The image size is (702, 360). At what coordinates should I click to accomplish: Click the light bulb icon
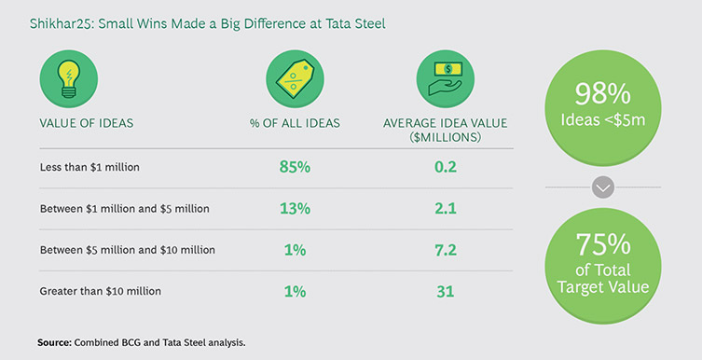click(68, 78)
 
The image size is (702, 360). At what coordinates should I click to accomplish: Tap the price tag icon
click(295, 78)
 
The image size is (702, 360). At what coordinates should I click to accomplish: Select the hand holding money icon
click(446, 78)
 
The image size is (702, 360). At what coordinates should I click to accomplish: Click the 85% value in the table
click(295, 168)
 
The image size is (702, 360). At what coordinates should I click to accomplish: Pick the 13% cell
click(295, 209)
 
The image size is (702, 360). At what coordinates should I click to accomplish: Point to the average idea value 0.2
click(446, 168)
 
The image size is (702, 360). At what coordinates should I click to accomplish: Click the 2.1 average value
click(446, 209)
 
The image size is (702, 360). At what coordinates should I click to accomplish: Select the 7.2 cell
click(446, 250)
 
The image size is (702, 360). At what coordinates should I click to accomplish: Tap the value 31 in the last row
click(446, 292)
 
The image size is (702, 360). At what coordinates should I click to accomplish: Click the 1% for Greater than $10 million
click(295, 292)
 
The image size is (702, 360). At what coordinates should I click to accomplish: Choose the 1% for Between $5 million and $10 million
click(295, 250)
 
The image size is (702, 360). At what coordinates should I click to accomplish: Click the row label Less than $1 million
click(89, 168)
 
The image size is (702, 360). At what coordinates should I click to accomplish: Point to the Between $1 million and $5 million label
click(125, 209)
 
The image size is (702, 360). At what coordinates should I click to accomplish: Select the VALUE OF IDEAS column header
click(87, 123)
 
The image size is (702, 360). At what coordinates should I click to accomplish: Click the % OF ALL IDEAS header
click(295, 123)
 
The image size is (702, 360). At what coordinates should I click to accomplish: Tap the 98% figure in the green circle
click(602, 94)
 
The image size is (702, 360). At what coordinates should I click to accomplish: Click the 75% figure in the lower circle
click(602, 244)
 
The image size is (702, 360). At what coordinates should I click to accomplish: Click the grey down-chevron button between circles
click(602, 187)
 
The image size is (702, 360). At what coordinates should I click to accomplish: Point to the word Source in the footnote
click(54, 343)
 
